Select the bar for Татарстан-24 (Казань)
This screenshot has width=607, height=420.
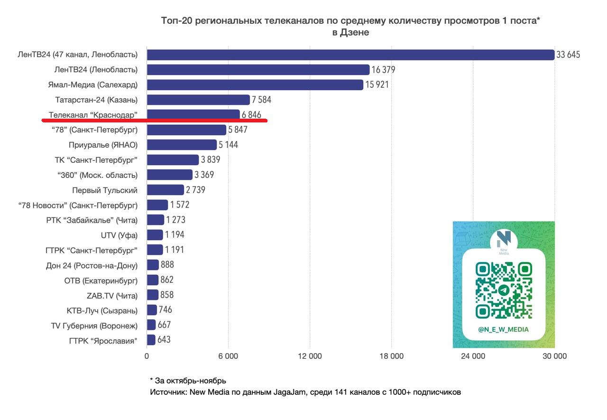click(x=198, y=100)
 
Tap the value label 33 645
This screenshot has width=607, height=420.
click(x=568, y=55)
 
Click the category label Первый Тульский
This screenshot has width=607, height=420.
click(x=105, y=190)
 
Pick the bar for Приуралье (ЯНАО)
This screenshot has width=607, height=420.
click(x=182, y=145)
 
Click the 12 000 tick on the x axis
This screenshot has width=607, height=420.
click(x=310, y=356)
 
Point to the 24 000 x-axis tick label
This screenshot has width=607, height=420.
click(x=473, y=356)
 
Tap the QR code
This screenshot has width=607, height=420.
click(x=504, y=290)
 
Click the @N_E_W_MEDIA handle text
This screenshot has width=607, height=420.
click(x=503, y=329)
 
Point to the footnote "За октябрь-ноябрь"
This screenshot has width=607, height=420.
click(x=190, y=381)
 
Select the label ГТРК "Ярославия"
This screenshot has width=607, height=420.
click(x=103, y=340)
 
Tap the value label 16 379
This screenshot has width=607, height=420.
click(x=383, y=70)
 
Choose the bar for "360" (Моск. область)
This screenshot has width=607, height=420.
click(x=170, y=175)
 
